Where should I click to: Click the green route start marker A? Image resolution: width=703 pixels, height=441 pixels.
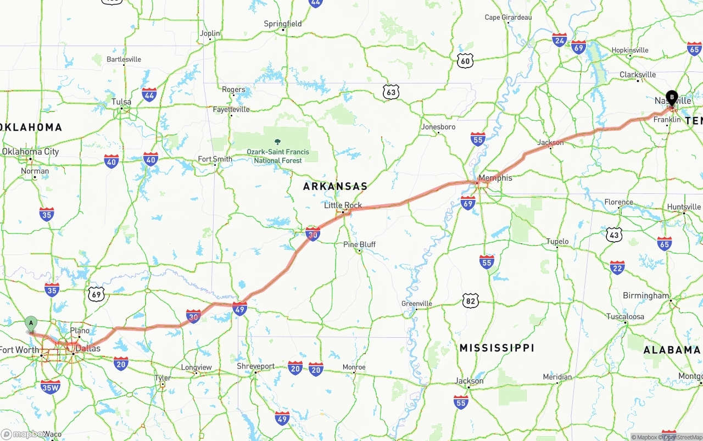tap(31, 323)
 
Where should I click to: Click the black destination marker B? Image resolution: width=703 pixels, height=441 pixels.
tap(672, 98)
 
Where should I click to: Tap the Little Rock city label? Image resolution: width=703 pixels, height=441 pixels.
tap(343, 205)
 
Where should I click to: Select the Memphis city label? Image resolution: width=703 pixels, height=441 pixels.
tap(495, 178)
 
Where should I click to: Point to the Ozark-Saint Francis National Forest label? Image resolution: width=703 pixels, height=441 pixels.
tap(278, 156)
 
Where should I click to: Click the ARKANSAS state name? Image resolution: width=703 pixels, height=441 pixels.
tap(335, 187)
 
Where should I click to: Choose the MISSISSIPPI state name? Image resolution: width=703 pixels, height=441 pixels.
tap(496, 348)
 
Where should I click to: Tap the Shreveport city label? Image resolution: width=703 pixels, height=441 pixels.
tap(255, 366)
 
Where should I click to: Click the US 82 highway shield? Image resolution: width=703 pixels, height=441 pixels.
tap(471, 300)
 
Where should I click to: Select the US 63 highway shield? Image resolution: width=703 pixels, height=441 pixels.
tap(390, 92)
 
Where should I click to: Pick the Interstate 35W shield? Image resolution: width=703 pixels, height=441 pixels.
tap(51, 387)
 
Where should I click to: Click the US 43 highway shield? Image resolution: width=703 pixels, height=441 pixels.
tap(614, 235)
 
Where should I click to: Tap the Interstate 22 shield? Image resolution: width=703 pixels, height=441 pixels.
tap(617, 267)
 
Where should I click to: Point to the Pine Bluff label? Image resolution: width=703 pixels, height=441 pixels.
tap(360, 244)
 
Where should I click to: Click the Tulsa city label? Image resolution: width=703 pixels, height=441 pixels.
tap(121, 102)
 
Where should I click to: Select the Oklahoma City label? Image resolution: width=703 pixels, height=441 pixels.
tap(30, 152)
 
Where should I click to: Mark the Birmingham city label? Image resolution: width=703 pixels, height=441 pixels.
tap(646, 295)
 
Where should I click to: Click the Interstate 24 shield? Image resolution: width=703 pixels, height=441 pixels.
tap(560, 40)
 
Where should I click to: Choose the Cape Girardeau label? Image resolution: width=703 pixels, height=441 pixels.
tap(508, 18)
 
